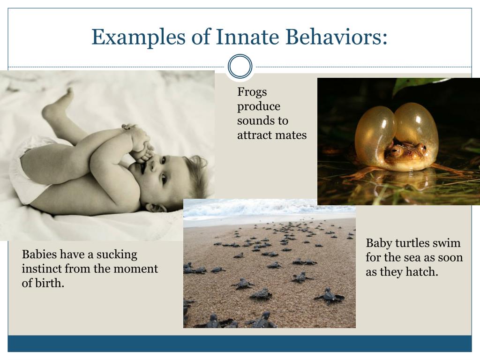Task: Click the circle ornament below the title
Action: pos(240,66)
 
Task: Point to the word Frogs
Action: pos(252,92)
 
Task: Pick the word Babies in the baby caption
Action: pos(39,255)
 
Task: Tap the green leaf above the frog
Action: pos(412,84)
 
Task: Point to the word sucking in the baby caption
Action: pos(117,255)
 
